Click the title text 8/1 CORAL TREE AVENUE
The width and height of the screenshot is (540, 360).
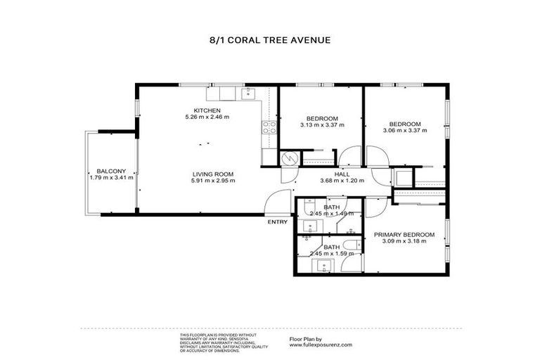(x=270, y=40)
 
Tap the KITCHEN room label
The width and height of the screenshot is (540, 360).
(x=207, y=110)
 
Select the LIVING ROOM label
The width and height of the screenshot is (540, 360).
(x=212, y=174)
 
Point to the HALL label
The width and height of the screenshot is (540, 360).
(x=342, y=174)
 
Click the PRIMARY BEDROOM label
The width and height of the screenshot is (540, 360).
(x=404, y=234)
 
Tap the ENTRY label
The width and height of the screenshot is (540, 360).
(x=277, y=224)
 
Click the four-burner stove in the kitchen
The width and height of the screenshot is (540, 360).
(x=269, y=127)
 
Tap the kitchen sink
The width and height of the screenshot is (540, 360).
(x=248, y=93)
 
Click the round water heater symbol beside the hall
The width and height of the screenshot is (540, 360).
(x=288, y=159)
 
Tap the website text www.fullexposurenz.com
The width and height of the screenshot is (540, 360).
(x=321, y=345)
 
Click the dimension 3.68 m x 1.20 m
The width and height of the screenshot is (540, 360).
(x=342, y=181)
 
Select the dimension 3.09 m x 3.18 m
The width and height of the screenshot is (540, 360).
(x=404, y=241)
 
